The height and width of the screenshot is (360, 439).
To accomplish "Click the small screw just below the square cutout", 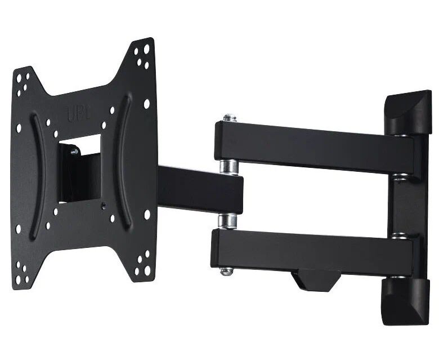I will click(x=105, y=205).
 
